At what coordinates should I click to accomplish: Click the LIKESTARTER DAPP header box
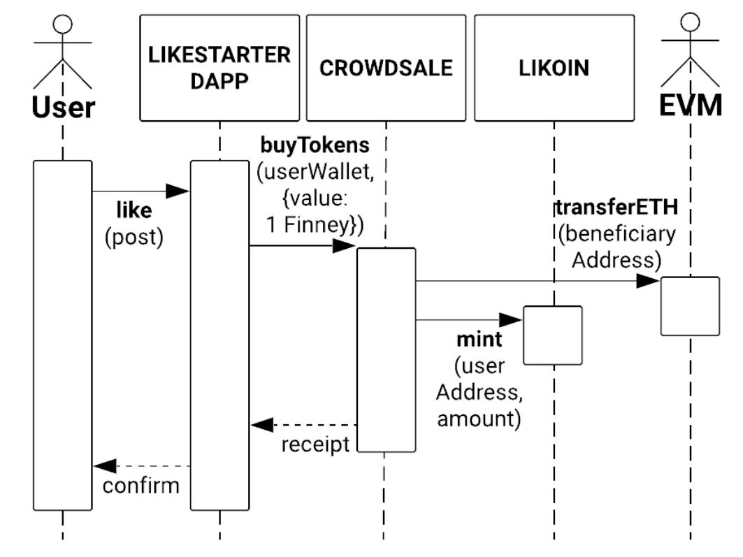coord(219,68)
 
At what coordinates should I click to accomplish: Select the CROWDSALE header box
coord(386,68)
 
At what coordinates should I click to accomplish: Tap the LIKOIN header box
coord(554,68)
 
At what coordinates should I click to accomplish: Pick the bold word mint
coord(479,340)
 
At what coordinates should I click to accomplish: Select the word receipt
coord(315,444)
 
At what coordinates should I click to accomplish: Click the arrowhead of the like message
coord(179,191)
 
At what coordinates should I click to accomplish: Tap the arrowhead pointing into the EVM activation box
coord(649,281)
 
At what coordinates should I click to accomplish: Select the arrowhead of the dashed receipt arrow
coord(261,424)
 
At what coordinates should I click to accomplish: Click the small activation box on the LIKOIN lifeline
coord(552,335)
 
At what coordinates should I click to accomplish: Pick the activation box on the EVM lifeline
coord(690,306)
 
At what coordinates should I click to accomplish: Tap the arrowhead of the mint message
coord(512,320)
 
